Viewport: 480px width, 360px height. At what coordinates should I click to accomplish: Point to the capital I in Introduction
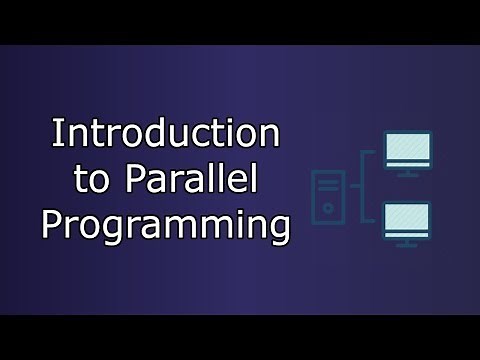(x=56, y=133)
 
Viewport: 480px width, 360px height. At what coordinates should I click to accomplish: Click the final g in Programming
(x=277, y=227)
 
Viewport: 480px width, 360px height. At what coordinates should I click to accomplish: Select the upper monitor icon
(x=407, y=154)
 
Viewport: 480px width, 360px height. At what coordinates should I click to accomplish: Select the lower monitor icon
(x=407, y=224)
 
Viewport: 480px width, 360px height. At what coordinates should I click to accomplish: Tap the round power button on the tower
(x=327, y=208)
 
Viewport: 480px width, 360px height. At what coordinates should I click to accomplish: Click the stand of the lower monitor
(x=407, y=243)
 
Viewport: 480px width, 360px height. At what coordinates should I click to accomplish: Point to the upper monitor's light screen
(x=407, y=149)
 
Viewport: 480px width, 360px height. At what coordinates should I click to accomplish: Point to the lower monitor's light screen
(x=407, y=219)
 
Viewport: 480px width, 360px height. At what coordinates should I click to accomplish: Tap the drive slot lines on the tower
(x=327, y=184)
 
